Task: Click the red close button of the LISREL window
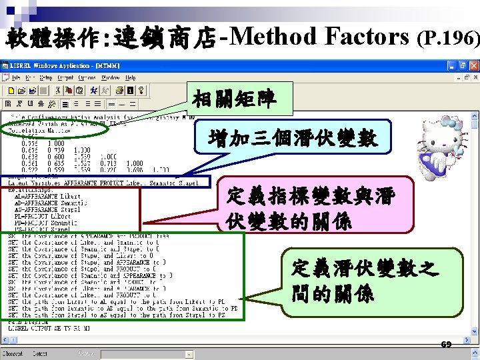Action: pyautogui.click(x=473, y=66)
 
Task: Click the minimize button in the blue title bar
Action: pyautogui.click(x=451, y=66)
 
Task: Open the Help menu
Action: pyautogui.click(x=131, y=77)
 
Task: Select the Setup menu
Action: pyautogui.click(x=45, y=77)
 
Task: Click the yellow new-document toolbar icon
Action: pyautogui.click(x=12, y=91)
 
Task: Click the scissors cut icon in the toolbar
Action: pyautogui.click(x=58, y=91)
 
